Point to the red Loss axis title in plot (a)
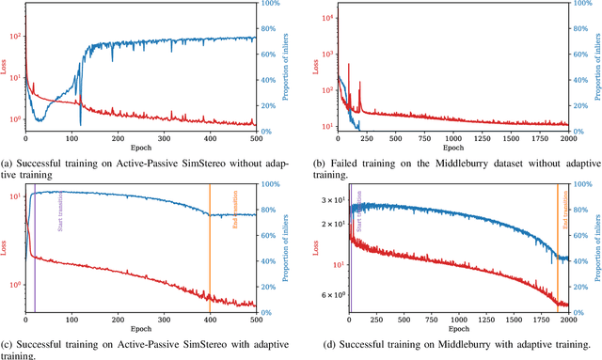[8, 68]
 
